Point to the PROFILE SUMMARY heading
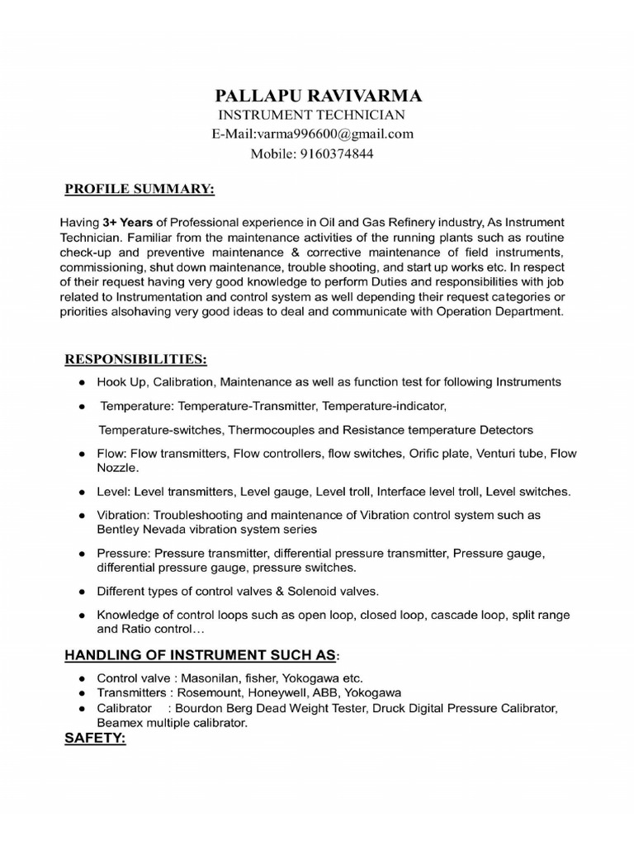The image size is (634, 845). point(140,190)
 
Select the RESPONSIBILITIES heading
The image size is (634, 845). point(136,360)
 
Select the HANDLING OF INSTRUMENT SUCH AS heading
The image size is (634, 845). point(201,655)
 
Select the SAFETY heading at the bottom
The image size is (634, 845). point(95,738)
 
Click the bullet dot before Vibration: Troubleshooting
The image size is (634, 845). point(81,515)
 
